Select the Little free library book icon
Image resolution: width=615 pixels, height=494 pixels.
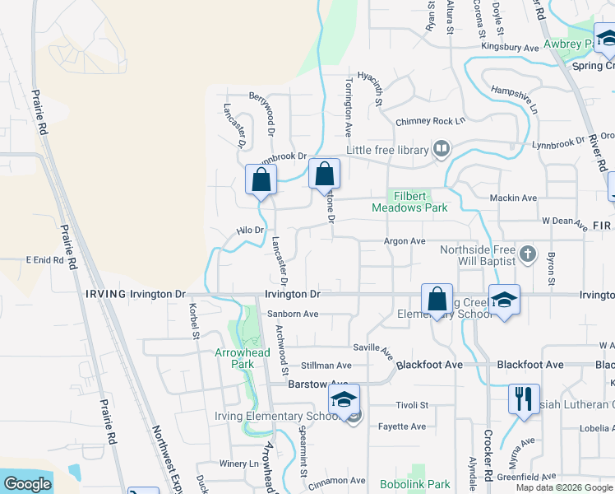click(x=442, y=149)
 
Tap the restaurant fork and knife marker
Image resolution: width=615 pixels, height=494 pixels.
click(x=524, y=398)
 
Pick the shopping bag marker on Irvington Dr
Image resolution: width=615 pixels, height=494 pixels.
click(x=437, y=298)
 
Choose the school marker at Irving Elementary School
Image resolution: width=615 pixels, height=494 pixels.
click(x=344, y=400)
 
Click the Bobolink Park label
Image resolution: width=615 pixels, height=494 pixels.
click(x=415, y=484)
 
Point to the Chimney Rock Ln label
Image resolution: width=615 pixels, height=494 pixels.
click(x=430, y=122)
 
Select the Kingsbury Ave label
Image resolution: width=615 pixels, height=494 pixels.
click(x=510, y=49)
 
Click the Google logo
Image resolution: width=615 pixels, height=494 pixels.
click(x=27, y=484)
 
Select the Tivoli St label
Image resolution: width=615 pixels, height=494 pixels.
click(x=413, y=405)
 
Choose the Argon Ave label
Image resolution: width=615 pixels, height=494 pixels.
click(x=405, y=241)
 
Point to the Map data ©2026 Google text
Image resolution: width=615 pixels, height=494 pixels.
click(x=563, y=487)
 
